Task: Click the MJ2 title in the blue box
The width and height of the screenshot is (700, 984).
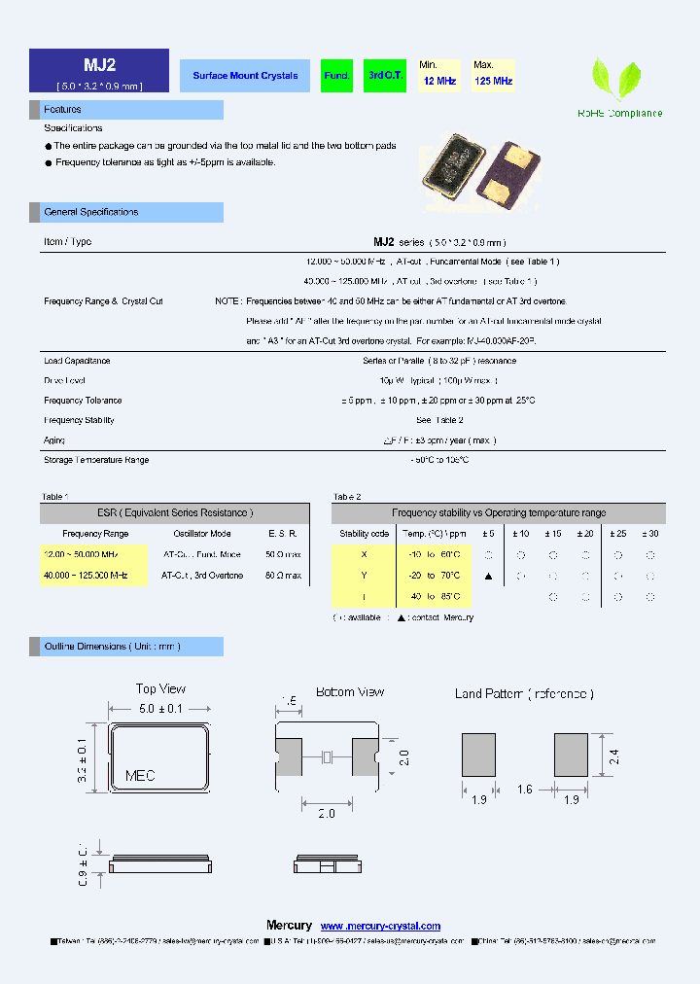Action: tap(99, 65)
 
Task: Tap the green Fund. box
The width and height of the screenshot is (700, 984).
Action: tap(336, 76)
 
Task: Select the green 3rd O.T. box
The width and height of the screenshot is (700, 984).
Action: tap(386, 76)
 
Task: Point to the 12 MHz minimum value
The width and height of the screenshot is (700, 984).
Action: tap(439, 82)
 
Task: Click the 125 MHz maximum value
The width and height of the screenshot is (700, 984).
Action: tap(493, 82)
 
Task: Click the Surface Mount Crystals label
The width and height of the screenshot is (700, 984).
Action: tap(245, 76)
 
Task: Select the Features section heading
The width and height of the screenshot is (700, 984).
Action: tap(63, 110)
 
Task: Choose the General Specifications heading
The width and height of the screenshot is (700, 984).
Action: tap(91, 212)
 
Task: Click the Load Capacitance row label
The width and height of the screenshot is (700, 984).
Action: tap(77, 361)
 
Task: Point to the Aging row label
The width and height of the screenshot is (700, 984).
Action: tap(54, 440)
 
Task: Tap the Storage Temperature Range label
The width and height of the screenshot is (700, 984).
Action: tap(96, 460)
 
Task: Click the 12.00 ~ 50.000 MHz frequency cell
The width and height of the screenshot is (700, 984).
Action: tap(82, 554)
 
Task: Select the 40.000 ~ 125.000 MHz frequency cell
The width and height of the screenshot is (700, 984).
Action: tap(86, 576)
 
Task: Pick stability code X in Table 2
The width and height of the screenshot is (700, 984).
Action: tap(364, 554)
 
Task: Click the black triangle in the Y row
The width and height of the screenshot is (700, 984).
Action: tap(488, 576)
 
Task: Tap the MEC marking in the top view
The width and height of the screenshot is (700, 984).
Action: tap(140, 776)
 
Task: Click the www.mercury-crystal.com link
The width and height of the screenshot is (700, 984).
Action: tap(380, 926)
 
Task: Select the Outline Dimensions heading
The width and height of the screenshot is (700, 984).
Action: tap(112, 647)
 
